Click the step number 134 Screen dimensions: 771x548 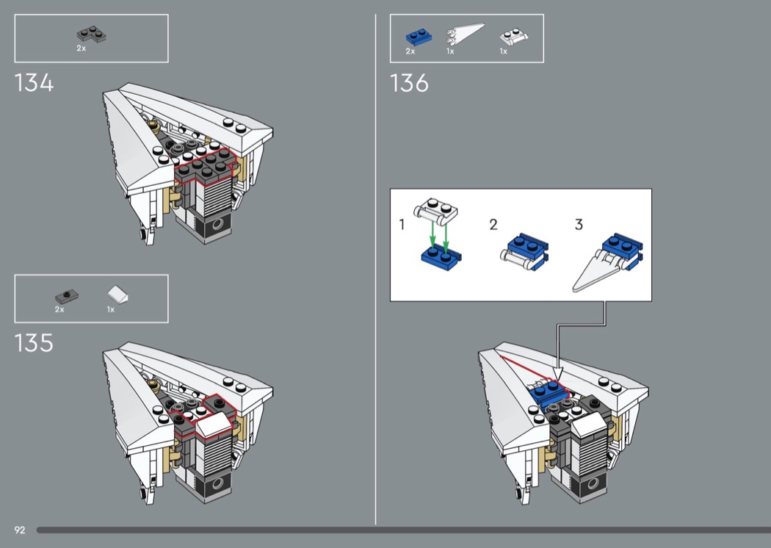coord(34,83)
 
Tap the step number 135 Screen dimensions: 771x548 coord(34,343)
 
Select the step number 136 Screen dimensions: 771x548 coord(409,83)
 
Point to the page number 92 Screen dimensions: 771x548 coord(20,530)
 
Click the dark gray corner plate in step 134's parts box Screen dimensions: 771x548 coord(92,35)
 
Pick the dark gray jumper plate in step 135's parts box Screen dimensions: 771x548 coord(66,297)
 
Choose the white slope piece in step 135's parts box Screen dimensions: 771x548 coord(118,295)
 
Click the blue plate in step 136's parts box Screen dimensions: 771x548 coord(419,37)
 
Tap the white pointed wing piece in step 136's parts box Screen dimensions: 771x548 coord(465,35)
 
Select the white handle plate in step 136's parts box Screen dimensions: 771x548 coord(514,37)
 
